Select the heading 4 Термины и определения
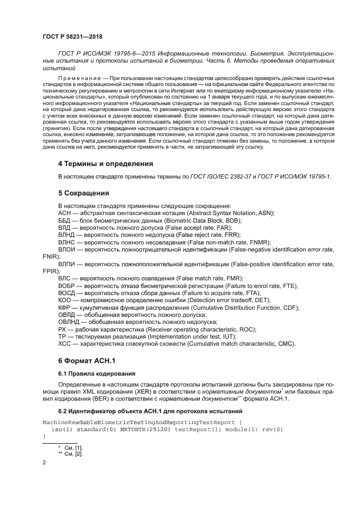[106, 163]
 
